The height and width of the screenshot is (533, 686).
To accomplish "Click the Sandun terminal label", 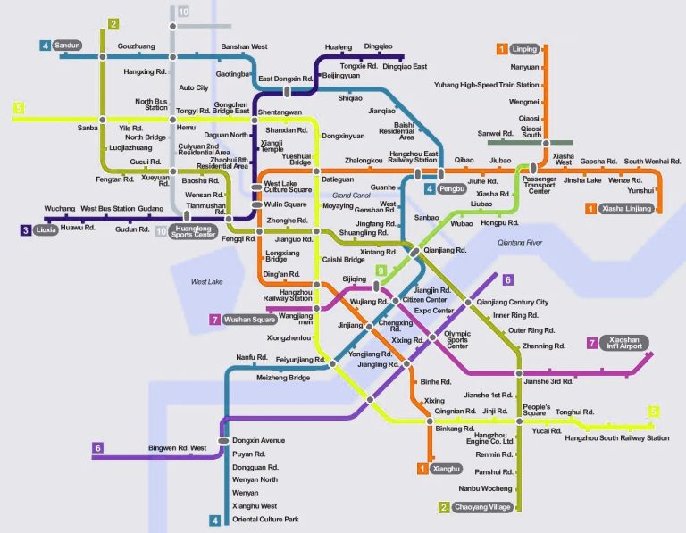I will coord(67,45).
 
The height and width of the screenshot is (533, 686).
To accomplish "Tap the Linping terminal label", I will coord(525,48).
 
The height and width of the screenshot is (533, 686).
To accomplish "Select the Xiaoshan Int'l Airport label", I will coord(626,343).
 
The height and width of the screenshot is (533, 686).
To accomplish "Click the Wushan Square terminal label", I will coord(249,319).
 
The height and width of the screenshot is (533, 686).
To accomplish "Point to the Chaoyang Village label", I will coord(483,507).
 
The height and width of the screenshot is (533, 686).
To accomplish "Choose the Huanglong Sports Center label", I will coord(194,232).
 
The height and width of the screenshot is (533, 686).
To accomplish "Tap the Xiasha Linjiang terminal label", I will coord(626,209).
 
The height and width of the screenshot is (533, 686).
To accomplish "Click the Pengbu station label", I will coord(453,189).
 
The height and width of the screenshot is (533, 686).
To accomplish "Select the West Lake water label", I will coord(207,282).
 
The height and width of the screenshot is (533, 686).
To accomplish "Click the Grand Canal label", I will coord(350,195).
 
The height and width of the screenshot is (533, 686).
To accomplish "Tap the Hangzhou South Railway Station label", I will coord(616,438).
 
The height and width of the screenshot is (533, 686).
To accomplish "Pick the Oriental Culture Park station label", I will coord(265,520).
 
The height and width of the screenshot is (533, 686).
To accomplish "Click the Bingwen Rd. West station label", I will coord(178,447).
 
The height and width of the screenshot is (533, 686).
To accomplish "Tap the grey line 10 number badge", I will coord(183,12).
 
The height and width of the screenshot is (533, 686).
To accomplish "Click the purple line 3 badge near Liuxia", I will coord(26,229).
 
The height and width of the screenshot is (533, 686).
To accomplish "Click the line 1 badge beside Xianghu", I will coord(422,468).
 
